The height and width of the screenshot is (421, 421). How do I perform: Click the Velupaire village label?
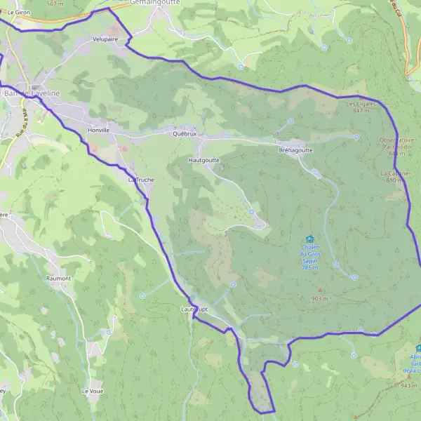(x=105, y=40)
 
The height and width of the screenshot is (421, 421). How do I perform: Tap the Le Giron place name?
(x=19, y=13)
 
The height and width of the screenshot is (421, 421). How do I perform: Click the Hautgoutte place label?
(x=204, y=160)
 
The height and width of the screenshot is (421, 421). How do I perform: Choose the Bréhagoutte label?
(x=295, y=150)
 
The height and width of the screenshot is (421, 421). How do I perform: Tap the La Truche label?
(x=140, y=180)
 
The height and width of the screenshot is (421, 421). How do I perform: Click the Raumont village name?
(x=59, y=279)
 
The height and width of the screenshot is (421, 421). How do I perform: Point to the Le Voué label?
(x=93, y=391)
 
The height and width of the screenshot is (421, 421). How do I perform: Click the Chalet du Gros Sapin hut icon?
(x=310, y=239)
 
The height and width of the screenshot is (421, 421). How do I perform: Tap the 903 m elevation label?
(x=320, y=298)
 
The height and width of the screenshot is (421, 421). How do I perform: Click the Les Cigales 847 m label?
(x=362, y=107)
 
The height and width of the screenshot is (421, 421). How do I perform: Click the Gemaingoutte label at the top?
(x=155, y=3)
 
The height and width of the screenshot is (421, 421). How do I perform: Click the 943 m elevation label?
(x=409, y=385)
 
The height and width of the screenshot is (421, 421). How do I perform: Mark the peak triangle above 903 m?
(x=321, y=290)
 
